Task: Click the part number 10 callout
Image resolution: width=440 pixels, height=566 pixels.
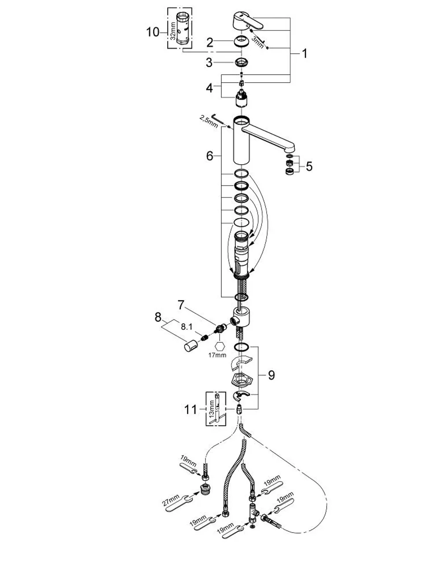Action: pyautogui.click(x=153, y=32)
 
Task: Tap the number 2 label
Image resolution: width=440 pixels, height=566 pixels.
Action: pyautogui.click(x=210, y=43)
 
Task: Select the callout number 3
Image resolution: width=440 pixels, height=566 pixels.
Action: pyautogui.click(x=209, y=63)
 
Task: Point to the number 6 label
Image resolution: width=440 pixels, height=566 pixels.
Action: pyautogui.click(x=210, y=156)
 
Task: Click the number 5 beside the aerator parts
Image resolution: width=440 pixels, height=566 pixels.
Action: pyautogui.click(x=309, y=166)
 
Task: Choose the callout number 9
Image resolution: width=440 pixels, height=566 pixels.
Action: pyautogui.click(x=271, y=375)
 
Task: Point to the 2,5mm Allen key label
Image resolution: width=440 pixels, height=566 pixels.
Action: pyautogui.click(x=209, y=122)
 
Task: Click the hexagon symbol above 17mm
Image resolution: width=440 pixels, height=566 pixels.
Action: pyautogui.click(x=220, y=346)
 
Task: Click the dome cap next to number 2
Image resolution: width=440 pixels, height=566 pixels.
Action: pyautogui.click(x=242, y=41)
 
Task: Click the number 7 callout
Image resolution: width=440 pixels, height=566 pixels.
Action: pyautogui.click(x=181, y=305)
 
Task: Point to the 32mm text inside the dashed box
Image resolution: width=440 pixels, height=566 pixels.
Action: pyautogui.click(x=173, y=31)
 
